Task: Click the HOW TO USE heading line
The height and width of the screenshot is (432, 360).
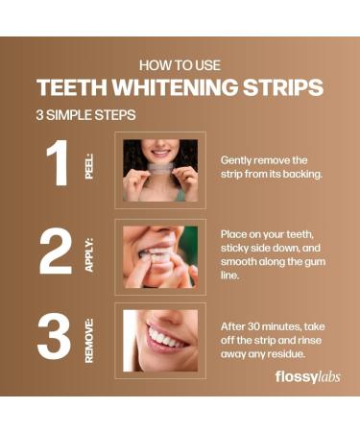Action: (180, 65)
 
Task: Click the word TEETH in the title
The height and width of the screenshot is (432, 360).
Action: (68, 88)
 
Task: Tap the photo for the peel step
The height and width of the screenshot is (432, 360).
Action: (160, 170)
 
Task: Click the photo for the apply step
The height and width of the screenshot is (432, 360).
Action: (160, 256)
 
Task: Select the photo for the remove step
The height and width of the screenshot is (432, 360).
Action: (160, 340)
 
